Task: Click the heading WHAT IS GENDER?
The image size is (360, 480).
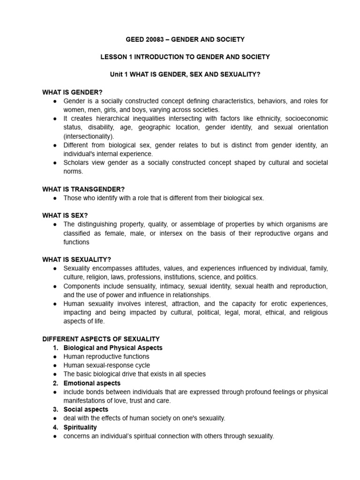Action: tap(72, 92)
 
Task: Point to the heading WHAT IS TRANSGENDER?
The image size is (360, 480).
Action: tap(83, 189)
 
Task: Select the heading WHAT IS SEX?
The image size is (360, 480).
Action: tap(65, 215)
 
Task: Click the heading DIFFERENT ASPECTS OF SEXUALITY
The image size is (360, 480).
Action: tap(101, 339)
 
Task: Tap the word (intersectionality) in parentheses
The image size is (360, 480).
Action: tap(89, 136)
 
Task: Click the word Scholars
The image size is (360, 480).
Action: tap(76, 163)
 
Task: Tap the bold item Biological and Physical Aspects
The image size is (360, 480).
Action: tap(113, 348)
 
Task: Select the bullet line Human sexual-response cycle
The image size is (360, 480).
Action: tap(106, 365)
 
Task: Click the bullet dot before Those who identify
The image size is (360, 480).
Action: tap(55, 198)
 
